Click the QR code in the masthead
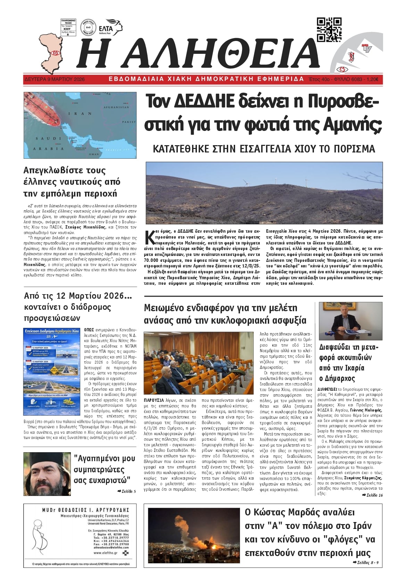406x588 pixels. click(329, 29)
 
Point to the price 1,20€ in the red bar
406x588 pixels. click(372, 79)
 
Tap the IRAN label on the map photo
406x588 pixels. click(75, 114)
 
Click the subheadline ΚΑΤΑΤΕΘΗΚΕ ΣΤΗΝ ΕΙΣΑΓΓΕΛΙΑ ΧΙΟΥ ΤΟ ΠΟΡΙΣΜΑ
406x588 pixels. click(264, 149)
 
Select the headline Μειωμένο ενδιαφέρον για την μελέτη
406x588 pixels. click(221, 308)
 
